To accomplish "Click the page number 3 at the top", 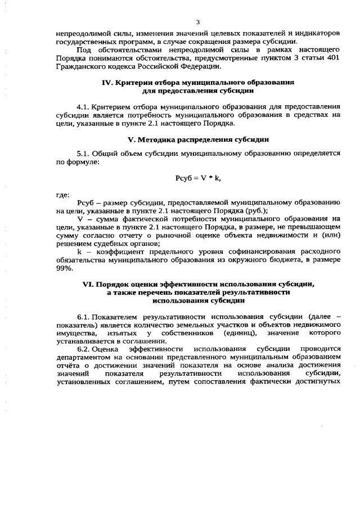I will click(x=197, y=22).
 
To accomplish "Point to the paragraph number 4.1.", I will click(x=83, y=106).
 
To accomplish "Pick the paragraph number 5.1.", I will click(x=83, y=153).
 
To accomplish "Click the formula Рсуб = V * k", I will click(x=197, y=178).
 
